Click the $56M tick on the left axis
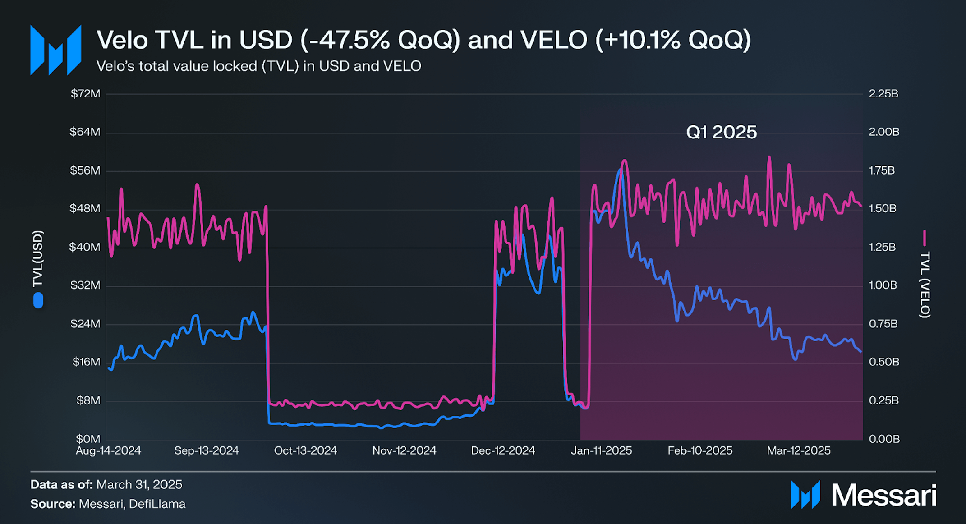pyautogui.click(x=85, y=170)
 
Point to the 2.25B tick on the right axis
pyautogui.click(x=883, y=94)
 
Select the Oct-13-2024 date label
pyautogui.click(x=305, y=450)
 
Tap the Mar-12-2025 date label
pyautogui.click(x=798, y=450)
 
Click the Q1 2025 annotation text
pyautogui.click(x=721, y=132)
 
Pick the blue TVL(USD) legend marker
pyautogui.click(x=38, y=300)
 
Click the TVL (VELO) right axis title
pyautogui.click(x=925, y=284)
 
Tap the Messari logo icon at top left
pyautogui.click(x=55, y=50)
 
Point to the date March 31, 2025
pyautogui.click(x=139, y=484)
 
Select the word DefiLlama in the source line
pyautogui.click(x=157, y=504)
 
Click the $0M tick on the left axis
pyautogui.click(x=88, y=439)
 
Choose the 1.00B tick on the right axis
pyautogui.click(x=883, y=285)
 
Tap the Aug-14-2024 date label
pyautogui.click(x=108, y=450)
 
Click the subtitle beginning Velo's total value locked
pyautogui.click(x=258, y=66)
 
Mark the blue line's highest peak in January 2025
pyautogui.click(x=621, y=170)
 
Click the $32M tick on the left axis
pyautogui.click(x=85, y=285)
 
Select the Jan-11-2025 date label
pyautogui.click(x=601, y=450)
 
